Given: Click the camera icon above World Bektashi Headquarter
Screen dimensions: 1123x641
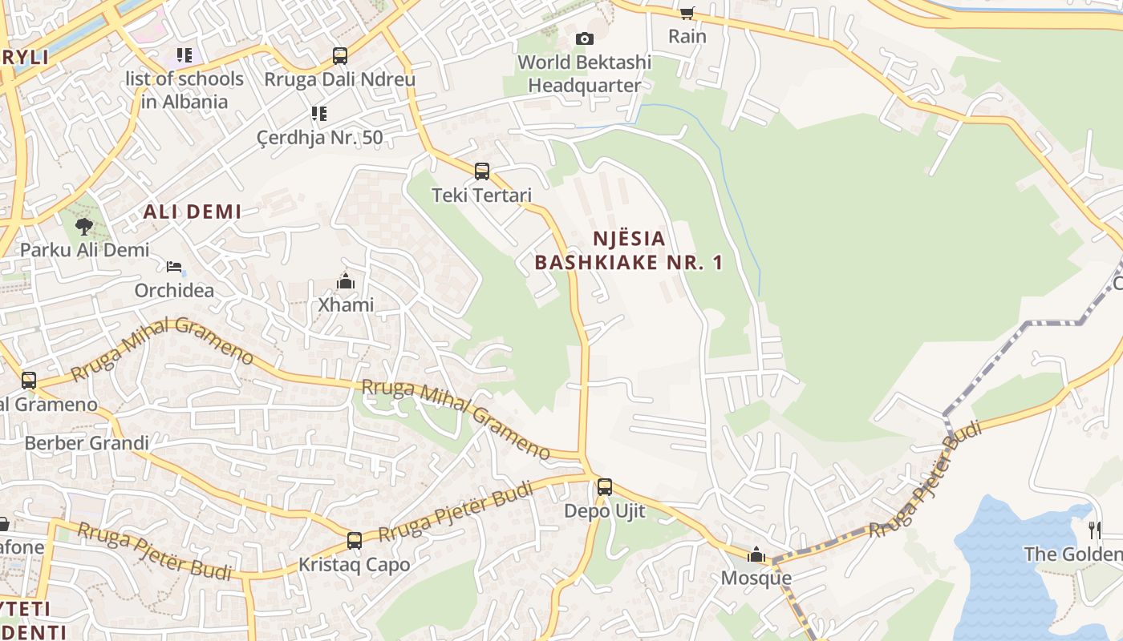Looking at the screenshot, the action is pyautogui.click(x=585, y=38).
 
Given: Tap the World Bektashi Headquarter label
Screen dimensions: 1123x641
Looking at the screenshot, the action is pyautogui.click(x=585, y=74).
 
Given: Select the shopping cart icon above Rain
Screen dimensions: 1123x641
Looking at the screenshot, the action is pyautogui.click(x=687, y=12).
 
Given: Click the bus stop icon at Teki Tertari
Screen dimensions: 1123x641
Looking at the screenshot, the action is pyautogui.click(x=482, y=171).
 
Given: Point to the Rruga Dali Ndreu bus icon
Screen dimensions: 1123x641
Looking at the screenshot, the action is pyautogui.click(x=340, y=56).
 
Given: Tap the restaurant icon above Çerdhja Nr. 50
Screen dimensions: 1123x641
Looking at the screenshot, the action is pyautogui.click(x=319, y=114).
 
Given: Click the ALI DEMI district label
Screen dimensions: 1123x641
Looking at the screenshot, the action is pyautogui.click(x=193, y=212).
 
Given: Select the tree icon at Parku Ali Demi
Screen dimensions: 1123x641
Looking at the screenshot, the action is pyautogui.click(x=84, y=227).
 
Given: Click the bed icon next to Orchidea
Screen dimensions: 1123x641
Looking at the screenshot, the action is pyautogui.click(x=174, y=267).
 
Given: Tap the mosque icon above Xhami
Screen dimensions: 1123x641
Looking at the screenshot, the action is pyautogui.click(x=346, y=281).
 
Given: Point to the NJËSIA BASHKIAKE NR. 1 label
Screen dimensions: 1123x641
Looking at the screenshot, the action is pyautogui.click(x=630, y=250).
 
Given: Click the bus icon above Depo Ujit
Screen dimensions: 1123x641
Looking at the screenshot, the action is pyautogui.click(x=605, y=486).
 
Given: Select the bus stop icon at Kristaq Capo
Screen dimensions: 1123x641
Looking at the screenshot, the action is pyautogui.click(x=355, y=541).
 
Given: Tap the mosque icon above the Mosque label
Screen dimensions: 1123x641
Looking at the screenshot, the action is pyautogui.click(x=756, y=554).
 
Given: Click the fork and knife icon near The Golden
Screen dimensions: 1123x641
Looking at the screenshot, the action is pyautogui.click(x=1094, y=529).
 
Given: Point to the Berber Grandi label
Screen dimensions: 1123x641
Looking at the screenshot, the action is pyautogui.click(x=87, y=443).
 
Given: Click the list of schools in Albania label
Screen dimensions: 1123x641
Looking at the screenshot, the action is pyautogui.click(x=184, y=90).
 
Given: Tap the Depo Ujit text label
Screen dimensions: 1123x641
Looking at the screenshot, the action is pyautogui.click(x=604, y=511).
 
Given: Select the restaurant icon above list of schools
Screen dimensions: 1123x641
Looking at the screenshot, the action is pyautogui.click(x=185, y=55).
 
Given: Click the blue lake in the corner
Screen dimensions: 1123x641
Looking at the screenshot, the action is pyautogui.click(x=1011, y=577).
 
